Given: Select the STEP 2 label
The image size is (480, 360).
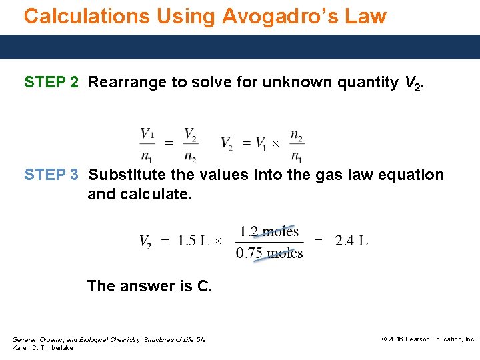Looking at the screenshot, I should pos(51,83).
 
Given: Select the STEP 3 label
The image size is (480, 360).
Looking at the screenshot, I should pos(51,175).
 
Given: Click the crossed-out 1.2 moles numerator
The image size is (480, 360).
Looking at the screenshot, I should pos(269,232).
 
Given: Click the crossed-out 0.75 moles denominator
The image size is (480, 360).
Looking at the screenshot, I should pos(269,253).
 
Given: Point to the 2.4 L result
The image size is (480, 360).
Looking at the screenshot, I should pos(351,241).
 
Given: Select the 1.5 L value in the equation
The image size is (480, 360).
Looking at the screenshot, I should pos(193,241).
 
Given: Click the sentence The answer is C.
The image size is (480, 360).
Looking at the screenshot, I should pos(149,286).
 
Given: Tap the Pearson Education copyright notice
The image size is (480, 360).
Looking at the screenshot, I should pos(428,339).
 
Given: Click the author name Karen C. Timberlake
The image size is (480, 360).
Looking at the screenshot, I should pos(43,348).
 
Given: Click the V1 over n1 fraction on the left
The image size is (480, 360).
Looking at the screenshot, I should pos(147,144).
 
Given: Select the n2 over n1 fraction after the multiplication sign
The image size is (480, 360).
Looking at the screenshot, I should pos(297,144).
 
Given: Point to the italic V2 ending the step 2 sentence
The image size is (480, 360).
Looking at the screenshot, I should pos(412,83).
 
